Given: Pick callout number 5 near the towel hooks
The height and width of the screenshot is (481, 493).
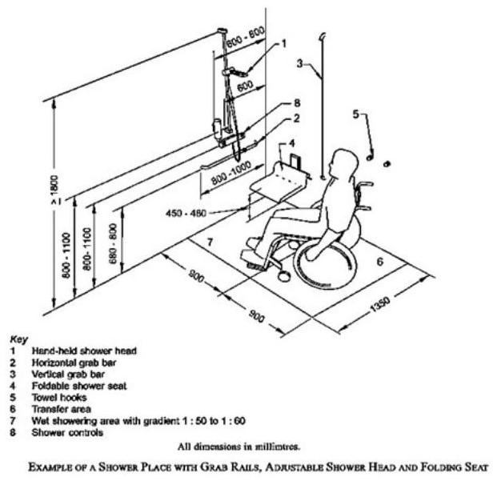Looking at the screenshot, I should pos(355,114).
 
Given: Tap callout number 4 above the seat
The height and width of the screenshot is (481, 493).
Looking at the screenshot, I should pos(292,143).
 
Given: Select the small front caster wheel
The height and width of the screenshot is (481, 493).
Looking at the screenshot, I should pos(283,276).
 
